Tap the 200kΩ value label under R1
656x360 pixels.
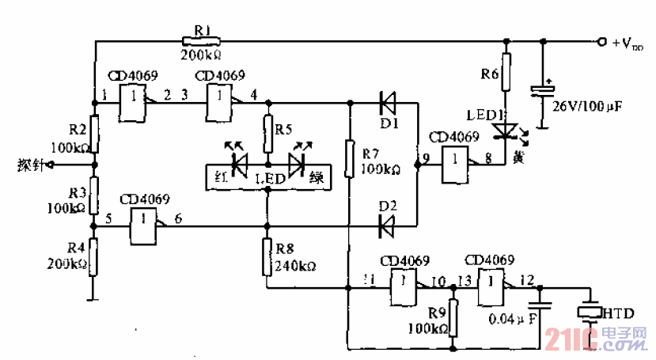click(201, 55)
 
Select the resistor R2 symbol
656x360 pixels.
click(94, 135)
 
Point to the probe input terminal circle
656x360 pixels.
click(52, 165)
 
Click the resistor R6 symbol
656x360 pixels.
click(506, 70)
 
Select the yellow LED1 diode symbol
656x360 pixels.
click(504, 127)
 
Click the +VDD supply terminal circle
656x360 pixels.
click(602, 40)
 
